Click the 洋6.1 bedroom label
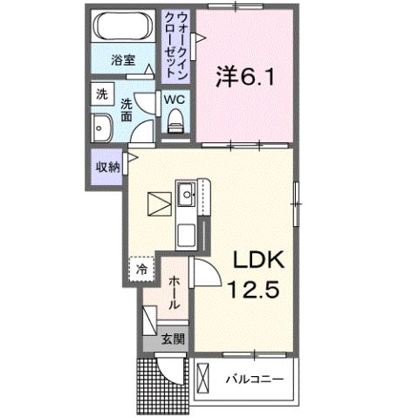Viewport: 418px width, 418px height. coord(245,77)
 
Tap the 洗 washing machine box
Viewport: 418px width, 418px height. coord(101,93)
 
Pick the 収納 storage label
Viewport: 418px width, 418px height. coord(107,167)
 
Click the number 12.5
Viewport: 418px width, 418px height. coord(254,290)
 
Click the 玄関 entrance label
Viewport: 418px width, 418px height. coord(172,339)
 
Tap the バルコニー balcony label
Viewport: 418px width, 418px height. coord(254,380)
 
